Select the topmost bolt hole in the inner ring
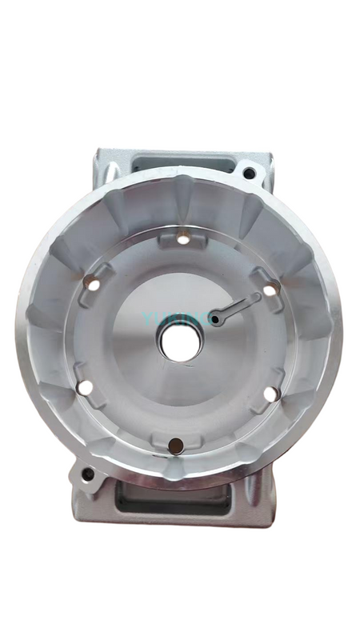(x=183, y=239)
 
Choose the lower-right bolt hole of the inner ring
(x=270, y=393)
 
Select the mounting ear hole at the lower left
(x=86, y=478)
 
